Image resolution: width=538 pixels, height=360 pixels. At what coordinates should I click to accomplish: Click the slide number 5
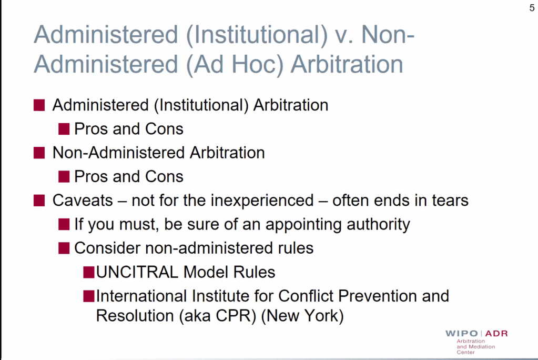click(532, 8)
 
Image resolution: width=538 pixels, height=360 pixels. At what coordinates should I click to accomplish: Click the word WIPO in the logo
click(462, 333)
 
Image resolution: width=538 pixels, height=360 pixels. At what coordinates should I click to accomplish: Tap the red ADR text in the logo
click(496, 333)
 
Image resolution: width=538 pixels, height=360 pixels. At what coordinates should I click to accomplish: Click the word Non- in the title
click(388, 35)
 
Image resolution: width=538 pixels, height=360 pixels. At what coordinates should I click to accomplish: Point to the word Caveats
click(83, 201)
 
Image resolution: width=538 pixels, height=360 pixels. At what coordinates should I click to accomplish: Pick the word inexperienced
click(262, 201)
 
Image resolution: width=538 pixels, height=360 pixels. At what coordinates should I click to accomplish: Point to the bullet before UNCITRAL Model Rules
click(89, 272)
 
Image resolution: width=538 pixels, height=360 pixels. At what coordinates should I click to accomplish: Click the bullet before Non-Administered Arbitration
click(39, 153)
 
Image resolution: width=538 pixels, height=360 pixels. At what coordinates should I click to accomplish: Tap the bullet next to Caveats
click(39, 201)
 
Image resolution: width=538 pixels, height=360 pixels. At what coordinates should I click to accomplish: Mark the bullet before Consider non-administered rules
click(64, 248)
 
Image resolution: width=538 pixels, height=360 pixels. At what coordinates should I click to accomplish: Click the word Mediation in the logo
click(482, 347)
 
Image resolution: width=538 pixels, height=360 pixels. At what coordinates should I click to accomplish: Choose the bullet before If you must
click(64, 224)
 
